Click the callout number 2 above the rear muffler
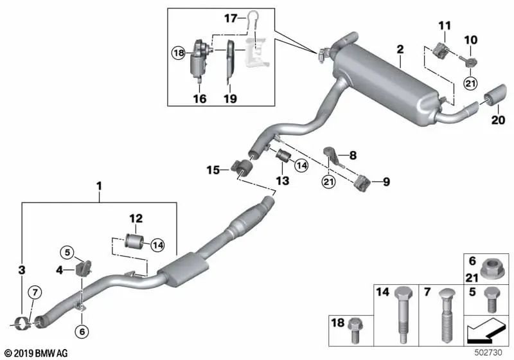[400, 49]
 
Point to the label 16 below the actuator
[200, 98]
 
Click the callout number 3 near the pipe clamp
[22, 269]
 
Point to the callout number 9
[386, 182]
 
